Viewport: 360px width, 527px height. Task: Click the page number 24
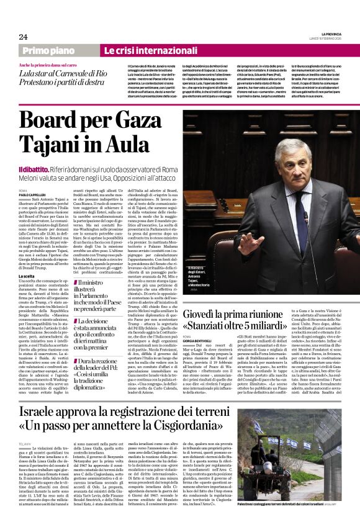(x=24, y=37)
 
